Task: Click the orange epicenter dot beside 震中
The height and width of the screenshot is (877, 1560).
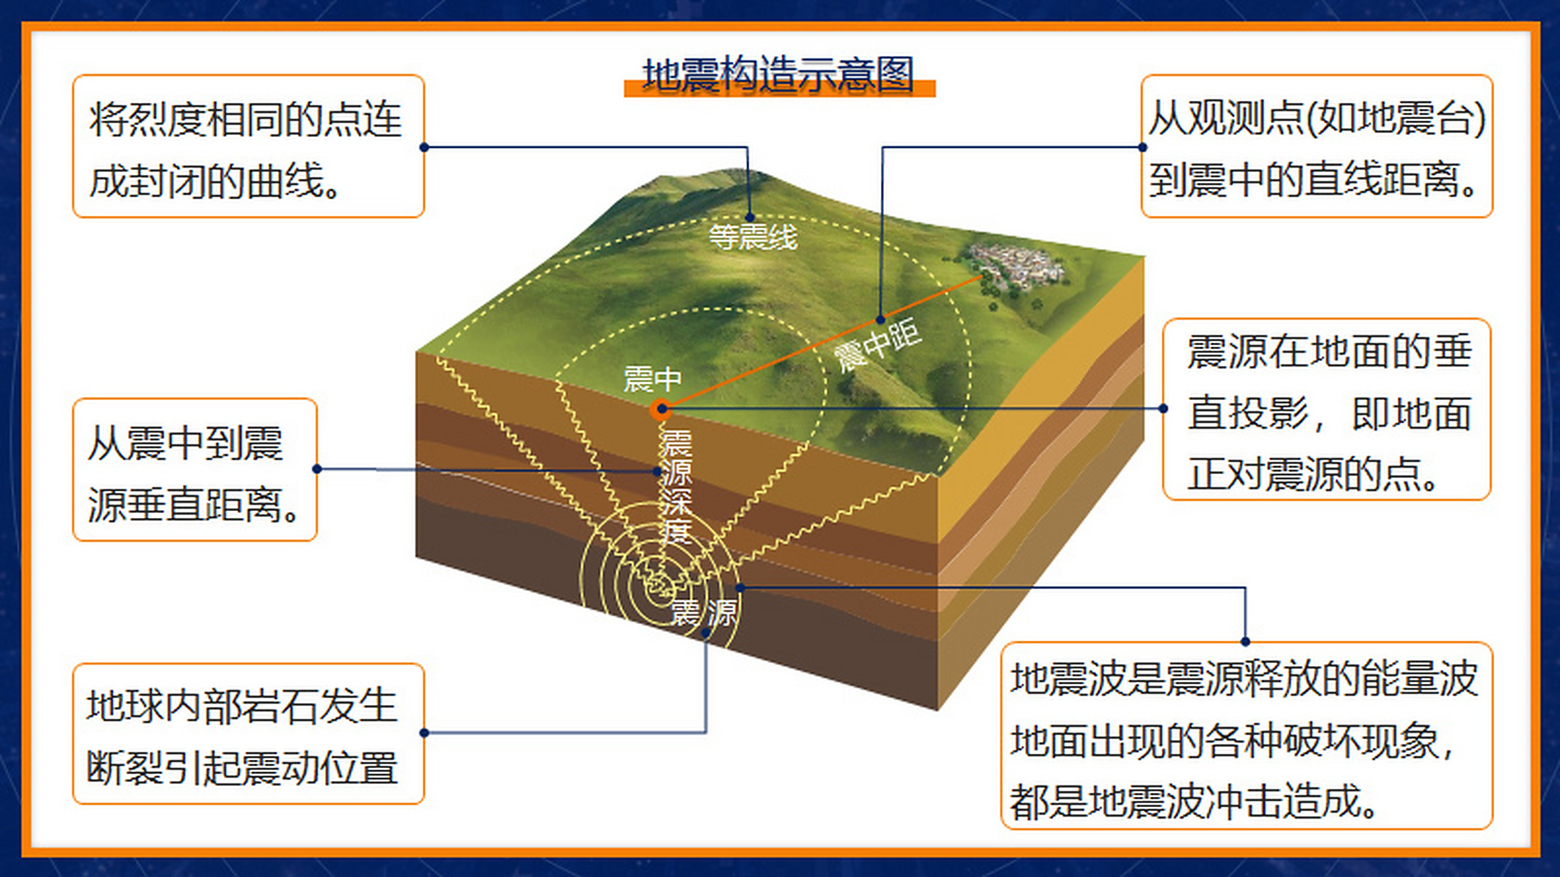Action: click(x=661, y=410)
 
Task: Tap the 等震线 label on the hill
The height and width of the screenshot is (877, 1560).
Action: click(x=753, y=238)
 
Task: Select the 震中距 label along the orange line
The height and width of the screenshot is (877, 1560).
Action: click(x=877, y=347)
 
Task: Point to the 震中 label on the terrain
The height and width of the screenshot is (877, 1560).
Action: click(x=652, y=378)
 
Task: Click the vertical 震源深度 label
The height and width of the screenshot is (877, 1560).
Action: click(x=676, y=486)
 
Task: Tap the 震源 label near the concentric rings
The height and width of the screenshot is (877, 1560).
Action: click(x=703, y=612)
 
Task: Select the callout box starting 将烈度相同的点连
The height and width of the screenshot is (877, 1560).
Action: click(x=248, y=147)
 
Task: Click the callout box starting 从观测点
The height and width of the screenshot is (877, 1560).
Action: click(x=1316, y=147)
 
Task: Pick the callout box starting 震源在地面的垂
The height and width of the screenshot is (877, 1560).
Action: click(x=1327, y=410)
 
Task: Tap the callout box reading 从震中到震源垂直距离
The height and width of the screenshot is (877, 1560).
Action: click(x=195, y=470)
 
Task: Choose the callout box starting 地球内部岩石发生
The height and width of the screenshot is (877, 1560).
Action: click(x=248, y=733)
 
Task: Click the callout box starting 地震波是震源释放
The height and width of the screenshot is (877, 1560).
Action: click(x=1246, y=736)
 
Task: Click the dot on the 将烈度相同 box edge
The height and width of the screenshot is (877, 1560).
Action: click(x=424, y=147)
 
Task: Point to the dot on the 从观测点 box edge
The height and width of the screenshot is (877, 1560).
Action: click(x=1142, y=147)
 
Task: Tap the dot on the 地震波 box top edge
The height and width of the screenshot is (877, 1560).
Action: click(x=1245, y=642)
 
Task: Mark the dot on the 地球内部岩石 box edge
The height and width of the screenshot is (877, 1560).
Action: click(x=424, y=733)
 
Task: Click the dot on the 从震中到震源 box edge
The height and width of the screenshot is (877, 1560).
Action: click(x=317, y=469)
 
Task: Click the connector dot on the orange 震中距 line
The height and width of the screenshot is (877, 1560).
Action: click(x=881, y=319)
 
